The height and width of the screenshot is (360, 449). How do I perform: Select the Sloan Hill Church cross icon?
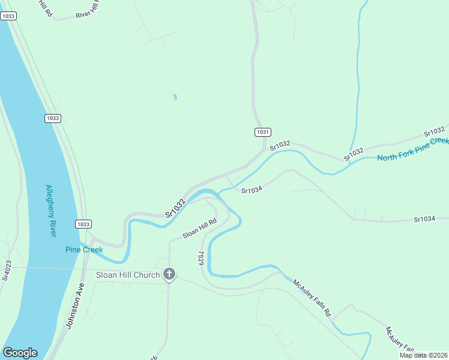pyautogui.click(x=169, y=275)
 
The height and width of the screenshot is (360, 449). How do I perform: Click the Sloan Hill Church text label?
pyautogui.click(x=128, y=275)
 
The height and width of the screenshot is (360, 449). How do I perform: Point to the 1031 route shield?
pyautogui.click(x=262, y=132)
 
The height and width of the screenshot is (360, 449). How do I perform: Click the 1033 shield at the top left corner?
pyautogui.click(x=8, y=16)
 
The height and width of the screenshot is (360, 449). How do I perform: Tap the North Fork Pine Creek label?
pyautogui.click(x=412, y=149)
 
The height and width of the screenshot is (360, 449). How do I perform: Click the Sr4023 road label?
pyautogui.click(x=7, y=270)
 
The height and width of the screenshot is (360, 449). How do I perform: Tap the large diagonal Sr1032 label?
pyautogui.click(x=175, y=208)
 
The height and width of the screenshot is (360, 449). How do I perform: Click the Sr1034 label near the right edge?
pyautogui.click(x=424, y=219)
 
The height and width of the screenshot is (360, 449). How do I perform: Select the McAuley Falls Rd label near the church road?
pyautogui.click(x=312, y=298)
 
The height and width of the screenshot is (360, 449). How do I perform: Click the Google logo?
pyautogui.click(x=20, y=353)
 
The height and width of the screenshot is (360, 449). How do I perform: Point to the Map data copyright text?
pyautogui.click(x=423, y=355)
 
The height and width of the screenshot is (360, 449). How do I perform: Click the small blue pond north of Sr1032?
pyautogui.click(x=175, y=97)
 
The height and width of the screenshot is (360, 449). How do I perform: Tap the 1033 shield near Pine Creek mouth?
pyautogui.click(x=83, y=224)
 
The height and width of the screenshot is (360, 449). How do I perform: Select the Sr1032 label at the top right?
pyautogui.click(x=434, y=131)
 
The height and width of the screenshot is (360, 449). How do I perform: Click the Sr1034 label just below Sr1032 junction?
pyautogui.click(x=252, y=190)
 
